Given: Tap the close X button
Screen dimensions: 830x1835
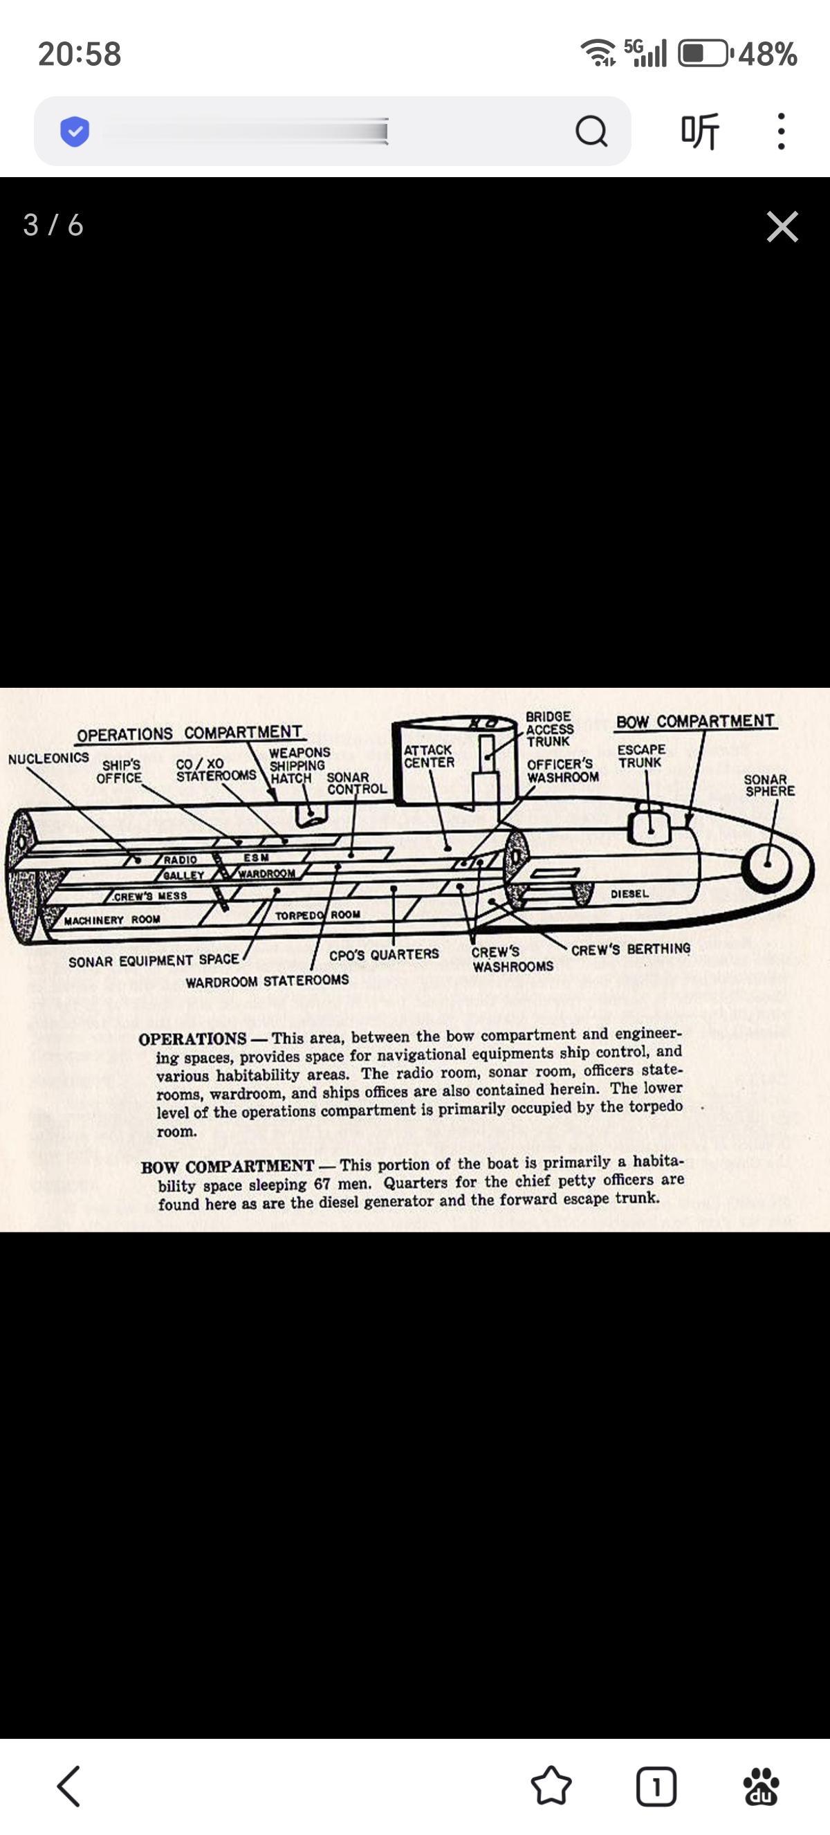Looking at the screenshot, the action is point(782,226).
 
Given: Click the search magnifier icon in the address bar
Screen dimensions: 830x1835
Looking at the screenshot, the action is point(591,131).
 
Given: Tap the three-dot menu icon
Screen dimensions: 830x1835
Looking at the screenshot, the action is point(781,131).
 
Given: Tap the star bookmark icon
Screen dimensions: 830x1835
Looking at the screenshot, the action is point(551,1786).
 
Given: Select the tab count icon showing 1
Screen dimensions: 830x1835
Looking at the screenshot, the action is point(656,1787).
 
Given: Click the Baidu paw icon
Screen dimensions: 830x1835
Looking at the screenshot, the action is point(761,1787).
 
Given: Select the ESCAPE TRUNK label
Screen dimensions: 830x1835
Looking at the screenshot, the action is point(640,756).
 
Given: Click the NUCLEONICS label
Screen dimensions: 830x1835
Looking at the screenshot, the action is point(48,758).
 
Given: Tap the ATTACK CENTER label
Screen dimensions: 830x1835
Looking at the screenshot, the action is point(429,756).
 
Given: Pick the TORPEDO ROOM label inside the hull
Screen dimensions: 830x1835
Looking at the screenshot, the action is point(317,915).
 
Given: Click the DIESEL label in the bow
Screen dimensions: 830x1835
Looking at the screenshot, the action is point(629,893).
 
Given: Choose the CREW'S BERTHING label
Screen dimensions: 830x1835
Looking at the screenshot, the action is point(630,949).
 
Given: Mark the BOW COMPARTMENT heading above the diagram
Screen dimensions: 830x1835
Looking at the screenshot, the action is point(694,721).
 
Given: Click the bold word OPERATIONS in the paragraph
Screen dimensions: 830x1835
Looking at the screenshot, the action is point(192,1039).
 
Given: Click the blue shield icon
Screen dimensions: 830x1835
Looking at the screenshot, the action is point(75,131).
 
